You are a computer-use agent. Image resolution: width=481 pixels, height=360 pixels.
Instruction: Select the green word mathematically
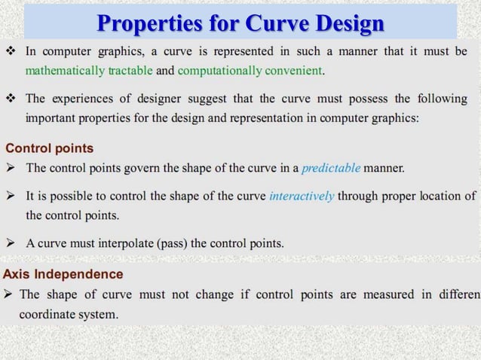pos(63,72)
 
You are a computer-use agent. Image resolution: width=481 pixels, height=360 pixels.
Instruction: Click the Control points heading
pos(50,148)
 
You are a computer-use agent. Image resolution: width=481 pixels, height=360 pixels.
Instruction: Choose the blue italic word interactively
pos(302,196)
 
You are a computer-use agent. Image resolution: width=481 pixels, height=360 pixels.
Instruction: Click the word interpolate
pos(124,243)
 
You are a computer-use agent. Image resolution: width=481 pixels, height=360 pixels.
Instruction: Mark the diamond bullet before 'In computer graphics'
pos(11,52)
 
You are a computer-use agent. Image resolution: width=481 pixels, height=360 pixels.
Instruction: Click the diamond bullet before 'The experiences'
pos(11,99)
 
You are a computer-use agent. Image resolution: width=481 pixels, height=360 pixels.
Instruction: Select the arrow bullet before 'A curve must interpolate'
pos(11,243)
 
